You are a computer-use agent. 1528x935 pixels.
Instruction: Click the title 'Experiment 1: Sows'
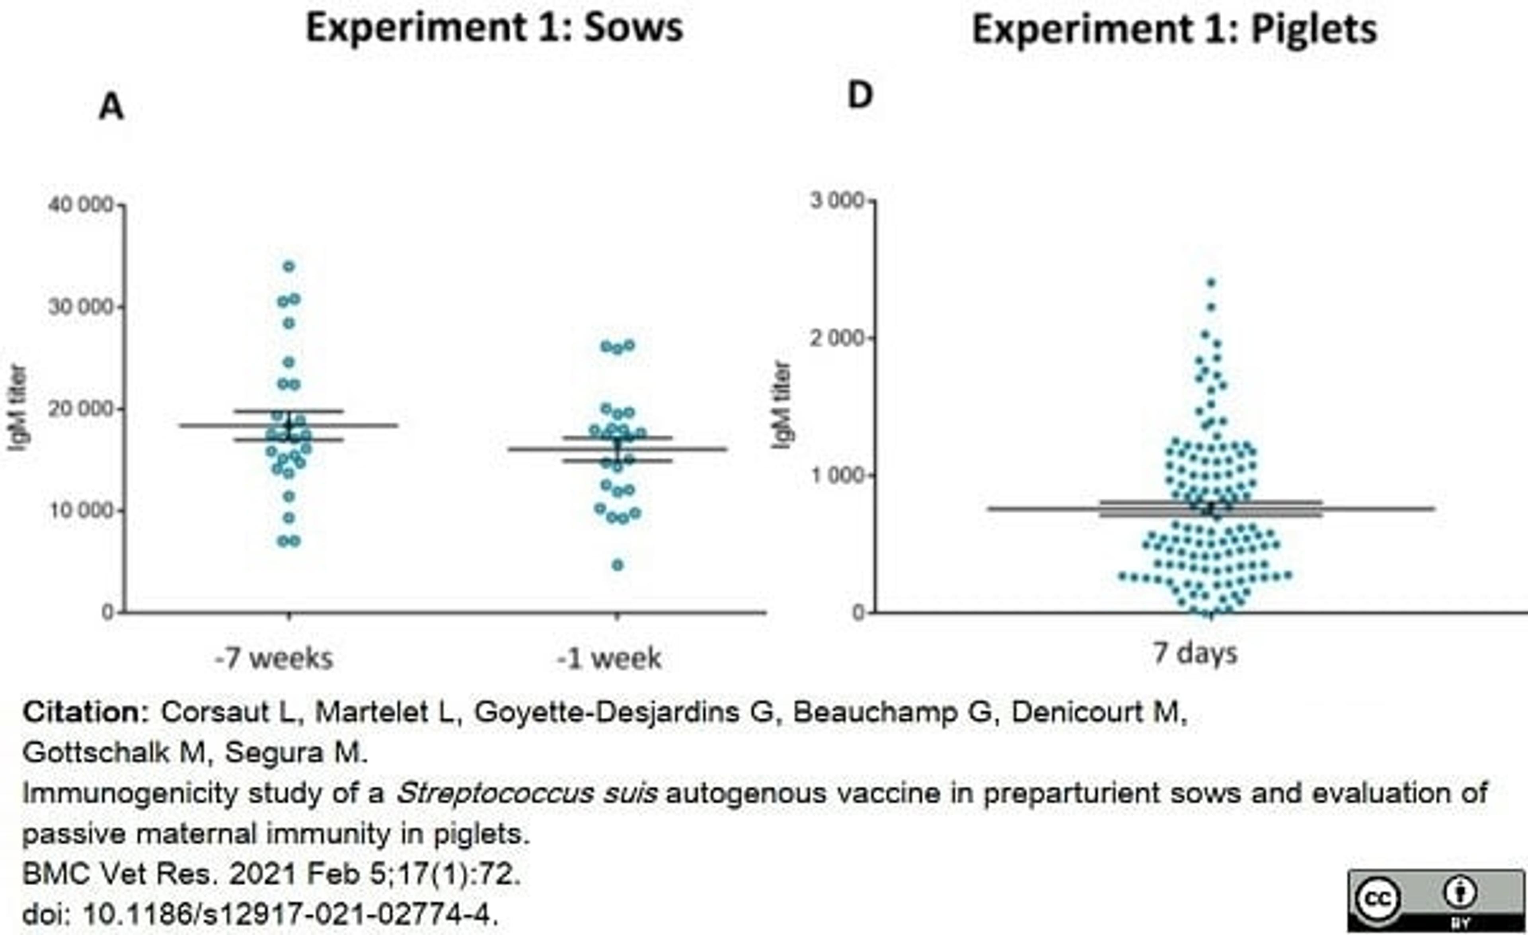point(494,28)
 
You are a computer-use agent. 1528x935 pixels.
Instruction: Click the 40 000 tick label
point(81,205)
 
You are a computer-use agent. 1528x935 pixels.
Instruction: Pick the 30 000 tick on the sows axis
point(81,307)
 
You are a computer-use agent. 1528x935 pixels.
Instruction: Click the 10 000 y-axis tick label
point(81,511)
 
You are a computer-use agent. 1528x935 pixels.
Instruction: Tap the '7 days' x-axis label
point(1195,653)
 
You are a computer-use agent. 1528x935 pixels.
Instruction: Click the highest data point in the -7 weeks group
point(289,267)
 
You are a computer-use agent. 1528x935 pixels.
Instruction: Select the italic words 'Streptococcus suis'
point(526,794)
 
